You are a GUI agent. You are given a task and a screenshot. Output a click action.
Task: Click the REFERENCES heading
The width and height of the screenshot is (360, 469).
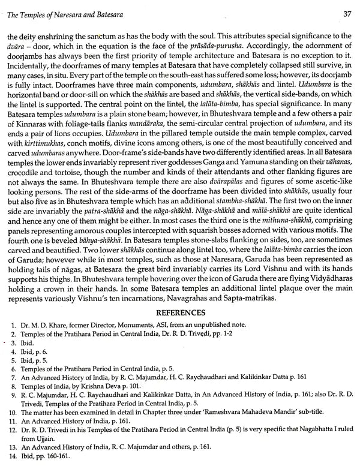click(180, 311)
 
